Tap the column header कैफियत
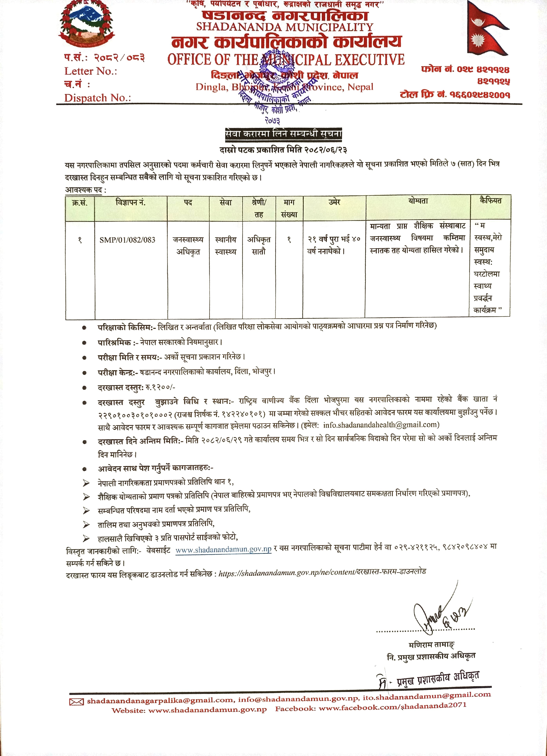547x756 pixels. (x=490, y=201)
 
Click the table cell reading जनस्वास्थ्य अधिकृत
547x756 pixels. (x=188, y=246)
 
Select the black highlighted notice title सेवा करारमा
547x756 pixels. (x=283, y=134)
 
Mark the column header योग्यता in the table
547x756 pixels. (x=418, y=201)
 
